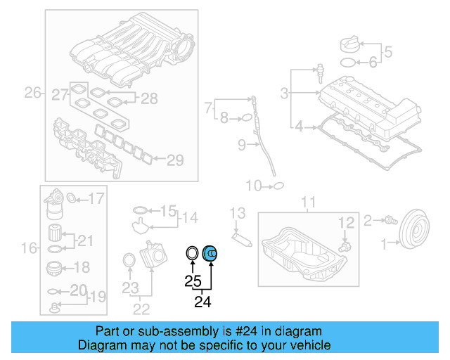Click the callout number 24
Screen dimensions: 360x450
202,302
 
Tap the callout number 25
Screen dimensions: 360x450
193,281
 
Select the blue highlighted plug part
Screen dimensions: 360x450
211,253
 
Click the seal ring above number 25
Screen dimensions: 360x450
192,252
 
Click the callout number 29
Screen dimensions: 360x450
174,160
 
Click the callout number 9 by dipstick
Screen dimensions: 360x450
241,146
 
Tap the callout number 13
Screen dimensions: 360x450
238,213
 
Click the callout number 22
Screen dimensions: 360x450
142,308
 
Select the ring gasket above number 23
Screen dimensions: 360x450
129,261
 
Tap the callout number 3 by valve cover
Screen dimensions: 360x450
284,93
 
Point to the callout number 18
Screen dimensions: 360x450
82,267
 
